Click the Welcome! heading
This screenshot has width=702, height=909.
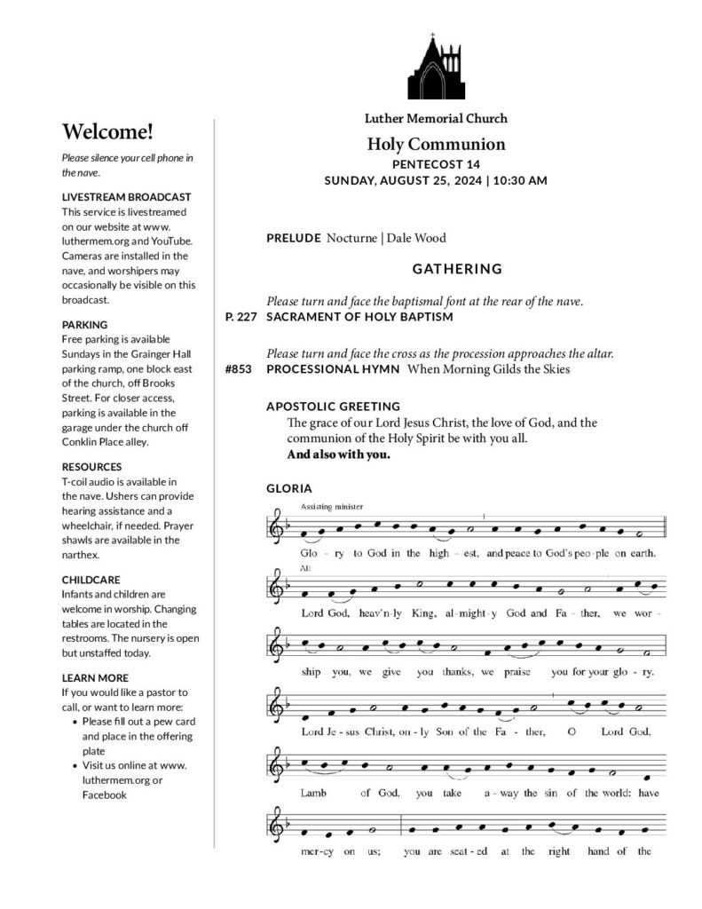coord(107,132)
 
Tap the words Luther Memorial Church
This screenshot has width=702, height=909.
coord(436,118)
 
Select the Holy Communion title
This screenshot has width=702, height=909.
coord(436,144)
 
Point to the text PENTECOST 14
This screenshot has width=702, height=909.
coord(436,164)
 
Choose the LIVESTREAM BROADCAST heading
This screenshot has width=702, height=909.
coord(126,196)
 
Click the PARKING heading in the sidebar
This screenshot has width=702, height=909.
coord(84,325)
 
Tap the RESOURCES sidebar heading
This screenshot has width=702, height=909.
coord(91,467)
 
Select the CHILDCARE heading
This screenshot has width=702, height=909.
coord(91,580)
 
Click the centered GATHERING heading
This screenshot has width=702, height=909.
coord(457,268)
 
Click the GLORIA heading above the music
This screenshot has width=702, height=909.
coord(287,488)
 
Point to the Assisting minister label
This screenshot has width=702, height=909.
coord(327,506)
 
